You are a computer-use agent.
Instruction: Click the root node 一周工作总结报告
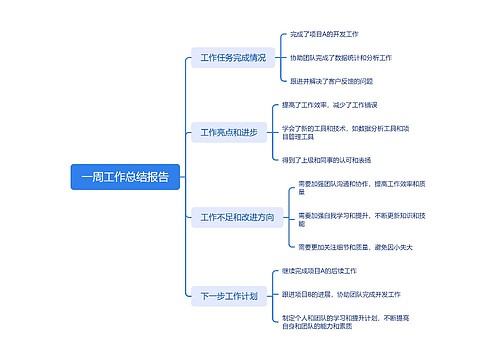coord(126,177)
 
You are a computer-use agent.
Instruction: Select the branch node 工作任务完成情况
coord(233,58)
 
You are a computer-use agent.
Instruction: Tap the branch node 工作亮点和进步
coord(229,132)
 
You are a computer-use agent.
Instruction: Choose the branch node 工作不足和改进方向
coord(237,217)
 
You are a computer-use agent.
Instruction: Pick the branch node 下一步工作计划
coord(229,295)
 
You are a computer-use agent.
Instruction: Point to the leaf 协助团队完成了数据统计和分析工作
coord(341,58)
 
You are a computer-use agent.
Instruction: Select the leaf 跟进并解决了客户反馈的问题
coord(331,81)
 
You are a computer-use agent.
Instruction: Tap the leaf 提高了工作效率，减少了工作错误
coord(329,105)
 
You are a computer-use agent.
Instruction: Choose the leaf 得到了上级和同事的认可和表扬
coord(327,159)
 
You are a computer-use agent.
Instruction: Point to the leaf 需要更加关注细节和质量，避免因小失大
coord(356,246)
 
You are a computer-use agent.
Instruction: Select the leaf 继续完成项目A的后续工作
coord(321,271)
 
